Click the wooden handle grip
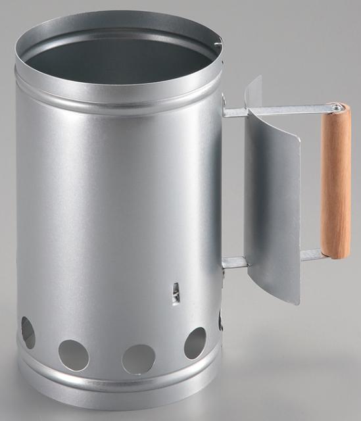point(335,184)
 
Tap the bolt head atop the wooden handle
point(337,107)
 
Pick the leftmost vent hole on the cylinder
point(28,332)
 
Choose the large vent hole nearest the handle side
point(195,343)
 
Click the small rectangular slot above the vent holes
point(176,292)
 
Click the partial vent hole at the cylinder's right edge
point(220,320)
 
